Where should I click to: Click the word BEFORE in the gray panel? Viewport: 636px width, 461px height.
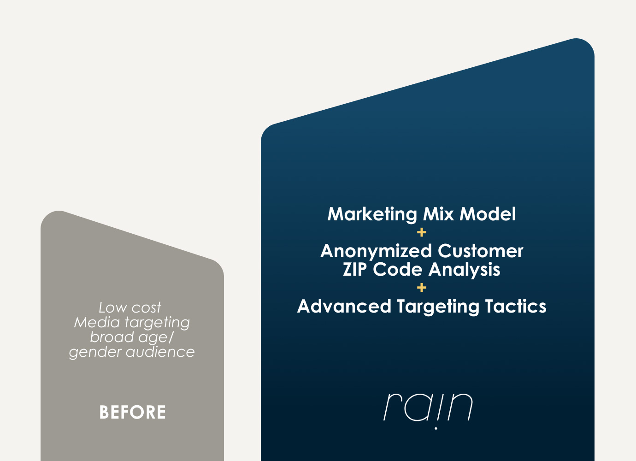pos(132,412)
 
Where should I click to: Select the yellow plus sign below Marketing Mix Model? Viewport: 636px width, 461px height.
pos(422,232)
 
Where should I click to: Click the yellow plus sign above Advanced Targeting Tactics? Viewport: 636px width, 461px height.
pos(422,288)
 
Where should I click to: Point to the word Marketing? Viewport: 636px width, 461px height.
pos(372,214)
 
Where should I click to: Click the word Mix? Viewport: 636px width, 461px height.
pos(439,214)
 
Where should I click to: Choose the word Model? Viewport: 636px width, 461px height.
pos(488,214)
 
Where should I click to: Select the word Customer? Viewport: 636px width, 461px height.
pos(480,251)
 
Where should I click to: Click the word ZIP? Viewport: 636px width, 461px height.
pos(354,269)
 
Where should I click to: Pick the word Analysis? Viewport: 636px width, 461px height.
pos(464,270)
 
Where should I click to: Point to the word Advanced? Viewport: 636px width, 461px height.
pos(344,306)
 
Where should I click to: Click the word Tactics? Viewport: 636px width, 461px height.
pos(516,306)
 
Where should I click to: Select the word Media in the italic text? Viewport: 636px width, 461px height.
pos(97,322)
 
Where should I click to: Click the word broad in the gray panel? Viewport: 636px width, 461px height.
pos(112,337)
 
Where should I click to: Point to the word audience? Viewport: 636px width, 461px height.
pos(160,352)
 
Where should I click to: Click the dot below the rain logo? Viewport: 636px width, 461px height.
pos(436,428)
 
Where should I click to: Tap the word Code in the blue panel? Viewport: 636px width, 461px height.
pos(397,269)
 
